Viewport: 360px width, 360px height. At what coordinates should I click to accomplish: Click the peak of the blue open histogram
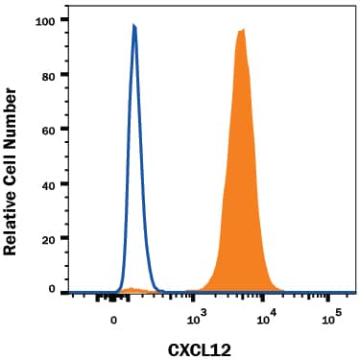[134, 26]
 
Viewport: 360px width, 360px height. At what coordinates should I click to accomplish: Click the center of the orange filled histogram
[240, 192]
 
